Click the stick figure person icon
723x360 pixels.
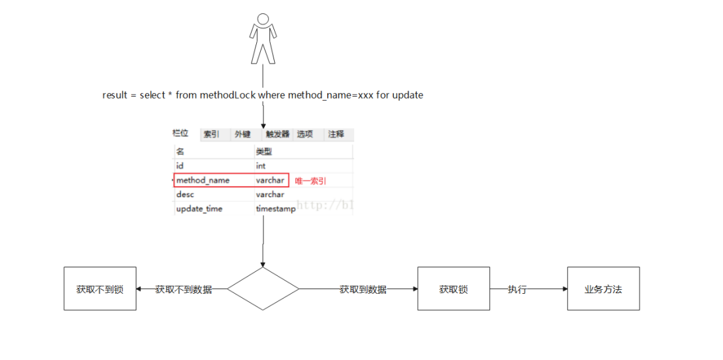pos(263,38)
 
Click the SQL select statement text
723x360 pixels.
pos(263,95)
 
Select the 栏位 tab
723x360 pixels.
pos(180,134)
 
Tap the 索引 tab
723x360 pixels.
pos(211,134)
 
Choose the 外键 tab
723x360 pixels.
pos(242,134)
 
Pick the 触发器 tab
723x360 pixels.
pos(273,134)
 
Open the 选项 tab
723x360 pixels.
pos(305,134)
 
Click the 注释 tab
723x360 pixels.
pos(336,134)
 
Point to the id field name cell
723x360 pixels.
pos(180,166)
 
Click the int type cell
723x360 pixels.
pos(261,166)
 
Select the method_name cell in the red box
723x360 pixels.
pos(203,180)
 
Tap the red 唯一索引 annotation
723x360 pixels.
pos(311,181)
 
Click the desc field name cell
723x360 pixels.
pos(184,195)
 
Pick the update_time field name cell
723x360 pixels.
pos(199,209)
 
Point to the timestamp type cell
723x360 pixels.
pos(275,209)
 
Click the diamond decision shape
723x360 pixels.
pos(263,289)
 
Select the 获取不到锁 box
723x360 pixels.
pos(100,289)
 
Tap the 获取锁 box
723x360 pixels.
pos(454,289)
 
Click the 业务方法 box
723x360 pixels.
pos(603,289)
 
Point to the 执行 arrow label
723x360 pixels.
pos(517,289)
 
